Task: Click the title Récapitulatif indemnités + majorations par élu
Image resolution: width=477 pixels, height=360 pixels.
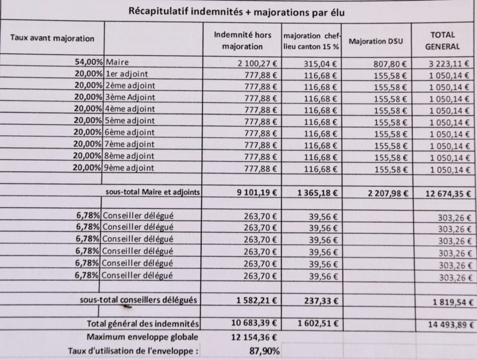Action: click(236, 11)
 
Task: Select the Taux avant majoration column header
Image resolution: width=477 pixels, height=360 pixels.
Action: click(53, 38)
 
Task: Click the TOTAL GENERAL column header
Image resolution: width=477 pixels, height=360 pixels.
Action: click(443, 40)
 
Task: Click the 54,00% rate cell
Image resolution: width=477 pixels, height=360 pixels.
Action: click(88, 63)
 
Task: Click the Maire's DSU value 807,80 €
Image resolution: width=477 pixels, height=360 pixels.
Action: click(389, 63)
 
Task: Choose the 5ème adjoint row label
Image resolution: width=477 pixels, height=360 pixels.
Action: click(130, 121)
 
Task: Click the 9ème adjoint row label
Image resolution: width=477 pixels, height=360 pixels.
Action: click(130, 168)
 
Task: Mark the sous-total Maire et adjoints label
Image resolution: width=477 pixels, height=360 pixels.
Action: click(153, 192)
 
